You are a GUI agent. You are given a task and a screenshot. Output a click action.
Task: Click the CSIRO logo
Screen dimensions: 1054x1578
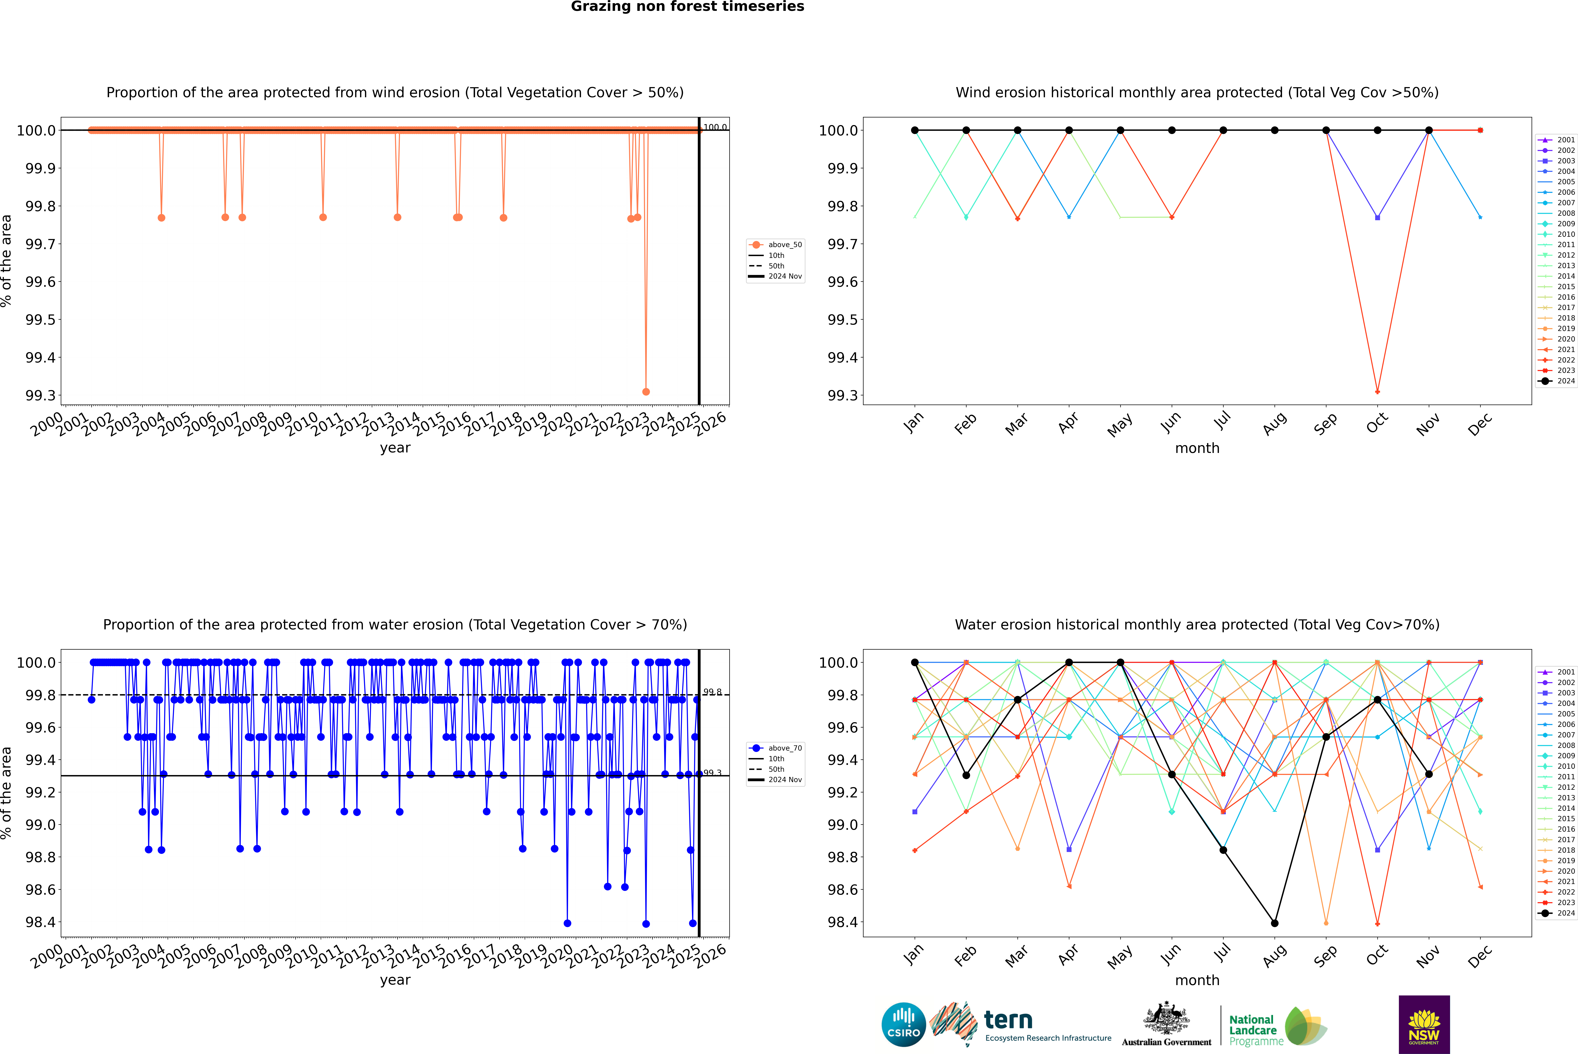click(x=903, y=1024)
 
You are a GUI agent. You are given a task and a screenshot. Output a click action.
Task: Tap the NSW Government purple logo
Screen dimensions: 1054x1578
click(x=1424, y=1024)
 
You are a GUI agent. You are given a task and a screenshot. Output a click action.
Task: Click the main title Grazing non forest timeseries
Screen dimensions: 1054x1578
click(x=687, y=7)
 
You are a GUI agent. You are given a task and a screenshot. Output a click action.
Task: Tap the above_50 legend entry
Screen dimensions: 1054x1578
click(x=784, y=245)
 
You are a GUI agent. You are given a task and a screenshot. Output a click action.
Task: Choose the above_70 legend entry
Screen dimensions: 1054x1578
click(x=784, y=748)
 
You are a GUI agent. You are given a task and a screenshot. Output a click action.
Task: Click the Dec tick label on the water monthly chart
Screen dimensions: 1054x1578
click(x=1480, y=956)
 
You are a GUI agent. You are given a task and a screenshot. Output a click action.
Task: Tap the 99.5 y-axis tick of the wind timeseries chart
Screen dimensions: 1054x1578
click(x=40, y=320)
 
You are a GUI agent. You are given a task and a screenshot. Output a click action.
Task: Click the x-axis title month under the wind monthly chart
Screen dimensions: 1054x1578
click(x=1197, y=448)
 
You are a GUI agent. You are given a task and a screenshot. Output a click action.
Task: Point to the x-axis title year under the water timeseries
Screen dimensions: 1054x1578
click(x=395, y=980)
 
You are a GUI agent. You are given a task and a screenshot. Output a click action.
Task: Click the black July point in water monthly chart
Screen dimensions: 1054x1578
click(x=1223, y=850)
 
